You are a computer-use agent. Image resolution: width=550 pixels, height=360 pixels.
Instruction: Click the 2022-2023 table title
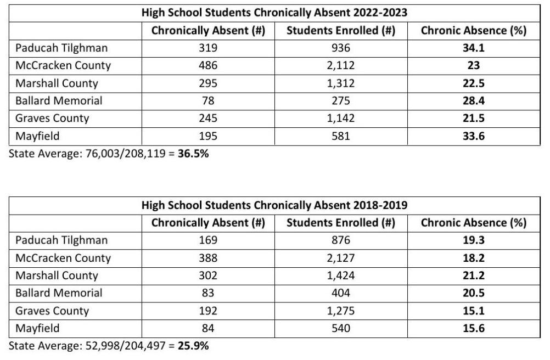[274, 13]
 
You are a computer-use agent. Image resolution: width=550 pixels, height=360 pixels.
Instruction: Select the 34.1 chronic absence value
[474, 48]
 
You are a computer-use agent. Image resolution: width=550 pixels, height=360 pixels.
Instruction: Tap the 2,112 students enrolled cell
[341, 65]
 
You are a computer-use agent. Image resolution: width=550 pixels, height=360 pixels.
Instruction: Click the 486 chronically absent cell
[208, 65]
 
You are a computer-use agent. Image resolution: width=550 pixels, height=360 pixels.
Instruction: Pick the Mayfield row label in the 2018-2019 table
[37, 328]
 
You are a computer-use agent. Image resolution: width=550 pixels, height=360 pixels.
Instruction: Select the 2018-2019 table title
[274, 205]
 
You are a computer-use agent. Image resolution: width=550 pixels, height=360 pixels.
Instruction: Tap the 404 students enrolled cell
[341, 293]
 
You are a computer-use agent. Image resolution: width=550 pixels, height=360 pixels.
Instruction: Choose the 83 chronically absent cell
[208, 293]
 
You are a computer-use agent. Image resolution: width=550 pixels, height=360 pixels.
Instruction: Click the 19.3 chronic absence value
[474, 240]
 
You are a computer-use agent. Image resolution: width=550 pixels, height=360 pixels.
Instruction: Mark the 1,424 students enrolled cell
[341, 275]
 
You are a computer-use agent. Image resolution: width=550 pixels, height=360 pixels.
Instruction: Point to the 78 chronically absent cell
[208, 101]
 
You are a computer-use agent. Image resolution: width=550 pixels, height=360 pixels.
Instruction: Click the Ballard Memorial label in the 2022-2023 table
[59, 101]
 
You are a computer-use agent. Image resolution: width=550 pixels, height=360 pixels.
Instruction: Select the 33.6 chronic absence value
[474, 136]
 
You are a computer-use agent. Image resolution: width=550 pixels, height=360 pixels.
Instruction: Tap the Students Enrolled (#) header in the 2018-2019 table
[341, 223]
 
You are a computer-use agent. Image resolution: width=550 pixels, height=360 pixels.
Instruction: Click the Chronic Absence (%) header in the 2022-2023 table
[474, 31]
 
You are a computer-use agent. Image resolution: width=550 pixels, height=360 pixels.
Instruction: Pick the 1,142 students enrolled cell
[341, 119]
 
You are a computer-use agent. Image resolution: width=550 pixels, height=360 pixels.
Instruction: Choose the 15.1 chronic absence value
[474, 311]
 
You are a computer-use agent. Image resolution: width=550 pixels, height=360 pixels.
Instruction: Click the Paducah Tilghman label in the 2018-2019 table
[61, 240]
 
